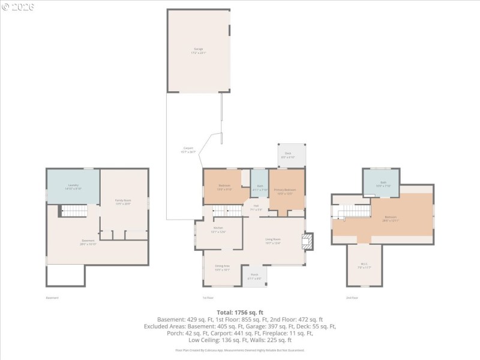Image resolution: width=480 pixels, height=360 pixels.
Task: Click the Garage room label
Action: coord(198,50)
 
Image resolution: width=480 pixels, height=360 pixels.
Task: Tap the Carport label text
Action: coord(188,149)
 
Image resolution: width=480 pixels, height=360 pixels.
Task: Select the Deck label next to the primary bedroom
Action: coord(288,155)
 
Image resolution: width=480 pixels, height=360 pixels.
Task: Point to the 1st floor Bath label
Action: coord(260,187)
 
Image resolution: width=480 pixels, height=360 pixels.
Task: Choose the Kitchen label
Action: coord(219,230)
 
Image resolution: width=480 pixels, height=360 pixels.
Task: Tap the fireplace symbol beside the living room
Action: coord(307,241)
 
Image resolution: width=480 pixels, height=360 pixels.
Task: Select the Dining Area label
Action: coord(223,268)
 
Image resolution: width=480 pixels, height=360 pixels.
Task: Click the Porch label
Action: coord(254,277)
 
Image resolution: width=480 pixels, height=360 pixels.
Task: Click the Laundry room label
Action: coord(73,187)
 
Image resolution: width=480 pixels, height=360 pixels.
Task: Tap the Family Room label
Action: coord(123,202)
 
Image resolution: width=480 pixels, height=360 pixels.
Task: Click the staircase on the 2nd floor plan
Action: coord(354,211)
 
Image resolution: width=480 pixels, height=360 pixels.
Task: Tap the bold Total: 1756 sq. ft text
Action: coord(240,313)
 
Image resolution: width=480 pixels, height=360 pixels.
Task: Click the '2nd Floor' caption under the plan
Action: coord(352,298)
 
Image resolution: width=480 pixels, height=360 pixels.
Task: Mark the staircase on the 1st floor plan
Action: coord(227,211)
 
